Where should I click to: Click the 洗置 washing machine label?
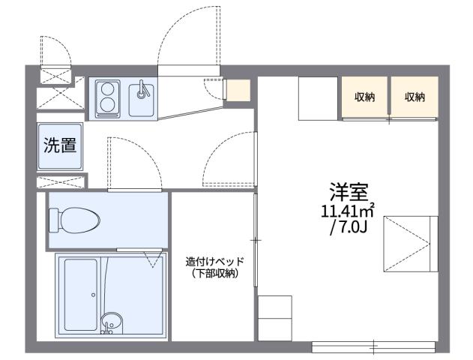tap(59, 145)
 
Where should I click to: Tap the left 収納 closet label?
tap(365, 96)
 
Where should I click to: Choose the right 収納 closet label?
tap(415, 96)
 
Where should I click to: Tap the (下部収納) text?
tap(215, 274)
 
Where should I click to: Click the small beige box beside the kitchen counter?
tap(238, 90)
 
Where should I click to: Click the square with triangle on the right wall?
tap(410, 241)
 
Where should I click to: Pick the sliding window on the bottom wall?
tap(373, 347)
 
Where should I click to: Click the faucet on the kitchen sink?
tap(142, 91)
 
